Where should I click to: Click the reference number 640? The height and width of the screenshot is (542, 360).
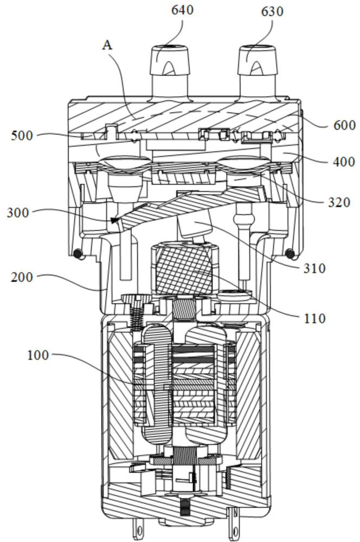click(182, 10)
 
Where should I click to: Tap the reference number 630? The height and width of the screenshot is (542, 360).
click(272, 11)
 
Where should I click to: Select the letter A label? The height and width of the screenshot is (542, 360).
click(107, 44)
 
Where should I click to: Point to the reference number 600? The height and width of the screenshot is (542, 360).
click(344, 125)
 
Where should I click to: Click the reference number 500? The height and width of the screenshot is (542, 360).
click(22, 135)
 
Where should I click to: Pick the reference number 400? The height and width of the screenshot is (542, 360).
click(344, 162)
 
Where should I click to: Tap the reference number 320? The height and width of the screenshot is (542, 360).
click(339, 202)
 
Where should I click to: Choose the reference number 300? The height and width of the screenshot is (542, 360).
click(18, 212)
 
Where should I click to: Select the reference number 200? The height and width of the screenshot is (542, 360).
click(22, 277)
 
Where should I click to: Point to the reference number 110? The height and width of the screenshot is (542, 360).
click(314, 318)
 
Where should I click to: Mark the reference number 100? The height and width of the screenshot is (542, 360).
click(38, 355)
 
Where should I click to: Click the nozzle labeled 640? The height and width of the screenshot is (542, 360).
click(170, 73)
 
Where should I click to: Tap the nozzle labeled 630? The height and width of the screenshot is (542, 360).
click(258, 73)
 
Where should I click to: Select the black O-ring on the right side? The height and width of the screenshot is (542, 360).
click(290, 254)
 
